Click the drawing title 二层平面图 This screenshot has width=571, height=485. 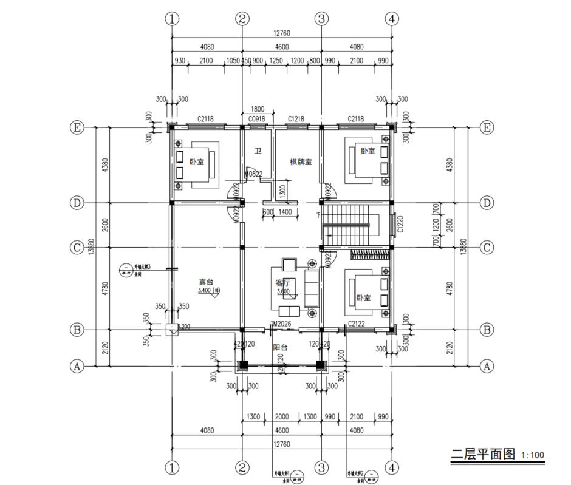[x=483, y=453]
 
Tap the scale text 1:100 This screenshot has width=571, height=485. [x=532, y=455]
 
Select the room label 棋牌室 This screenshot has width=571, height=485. [x=301, y=162]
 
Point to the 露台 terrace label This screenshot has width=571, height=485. [x=207, y=282]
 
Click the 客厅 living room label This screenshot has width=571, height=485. [x=283, y=282]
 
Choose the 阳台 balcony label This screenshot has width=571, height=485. [x=280, y=348]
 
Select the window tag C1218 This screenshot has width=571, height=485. [x=296, y=119]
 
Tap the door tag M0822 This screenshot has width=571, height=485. [x=253, y=175]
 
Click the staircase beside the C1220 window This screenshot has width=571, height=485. [x=346, y=225]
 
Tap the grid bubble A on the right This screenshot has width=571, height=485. [x=485, y=366]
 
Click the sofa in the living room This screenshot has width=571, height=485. [x=311, y=287]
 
